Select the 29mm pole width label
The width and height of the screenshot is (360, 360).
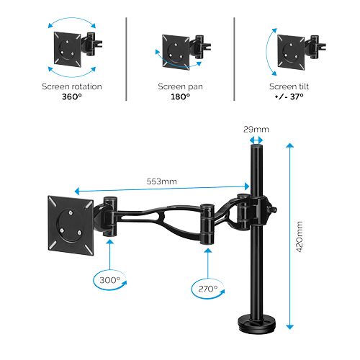tap(256, 129)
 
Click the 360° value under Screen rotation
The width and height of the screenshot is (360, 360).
tap(72, 96)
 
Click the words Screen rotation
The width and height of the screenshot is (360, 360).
tap(72, 86)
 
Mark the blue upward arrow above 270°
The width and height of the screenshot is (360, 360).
tap(205, 261)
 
